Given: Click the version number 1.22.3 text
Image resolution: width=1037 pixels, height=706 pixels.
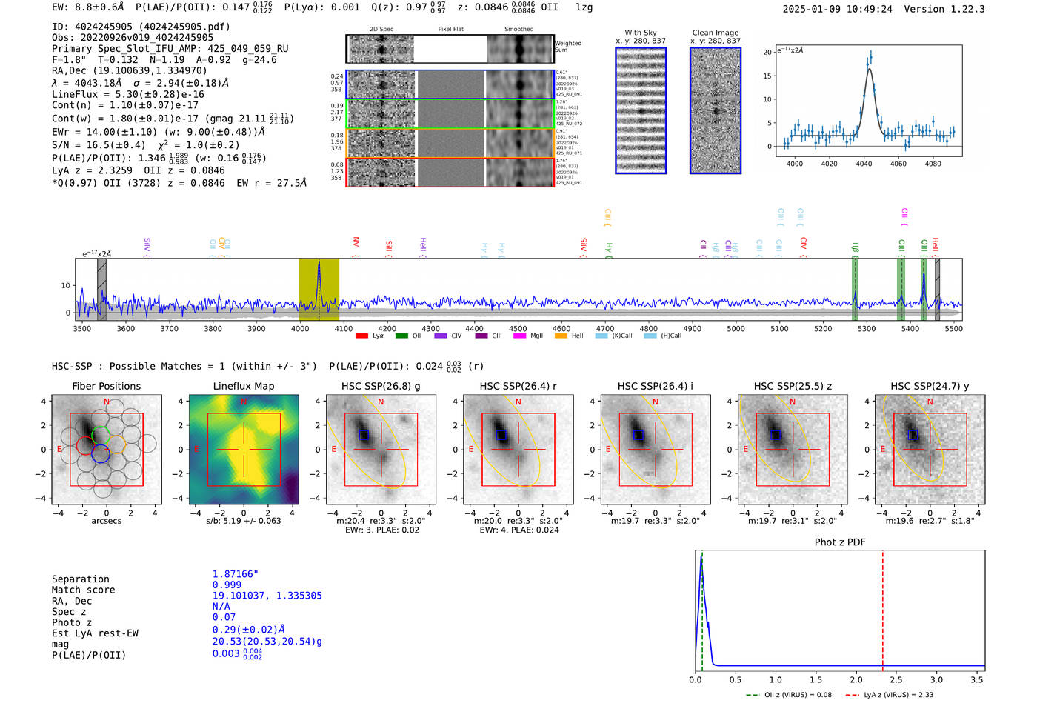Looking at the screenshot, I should tap(964, 9).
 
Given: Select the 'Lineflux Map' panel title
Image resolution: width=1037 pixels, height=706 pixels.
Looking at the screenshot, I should tap(243, 386).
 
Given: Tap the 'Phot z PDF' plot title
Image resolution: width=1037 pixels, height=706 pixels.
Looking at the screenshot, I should tap(840, 542).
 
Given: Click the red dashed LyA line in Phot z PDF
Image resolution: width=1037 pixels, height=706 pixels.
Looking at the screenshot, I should tap(882, 607).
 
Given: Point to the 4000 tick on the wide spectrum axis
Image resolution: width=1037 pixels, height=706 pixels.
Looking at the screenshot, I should tap(300, 328).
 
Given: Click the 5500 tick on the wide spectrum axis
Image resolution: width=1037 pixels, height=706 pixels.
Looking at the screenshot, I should tap(953, 328).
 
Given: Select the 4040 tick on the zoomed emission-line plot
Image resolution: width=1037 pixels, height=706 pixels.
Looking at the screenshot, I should tap(864, 164).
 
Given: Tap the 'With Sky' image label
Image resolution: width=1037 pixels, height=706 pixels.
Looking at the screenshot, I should tap(640, 33).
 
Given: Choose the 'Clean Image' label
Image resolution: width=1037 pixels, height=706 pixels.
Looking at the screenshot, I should tap(715, 33).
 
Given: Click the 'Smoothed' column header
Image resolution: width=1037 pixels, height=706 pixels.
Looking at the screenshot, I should tap(518, 29).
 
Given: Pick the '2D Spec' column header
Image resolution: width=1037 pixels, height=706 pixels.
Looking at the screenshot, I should tap(381, 29).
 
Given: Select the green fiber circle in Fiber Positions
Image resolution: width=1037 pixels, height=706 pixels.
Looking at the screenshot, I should tap(101, 433).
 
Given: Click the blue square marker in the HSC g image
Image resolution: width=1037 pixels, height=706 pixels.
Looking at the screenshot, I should tap(363, 435).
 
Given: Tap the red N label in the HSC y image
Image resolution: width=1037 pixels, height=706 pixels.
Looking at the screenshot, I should tap(930, 402).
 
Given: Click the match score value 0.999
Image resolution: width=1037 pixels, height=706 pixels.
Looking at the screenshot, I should tap(227, 585).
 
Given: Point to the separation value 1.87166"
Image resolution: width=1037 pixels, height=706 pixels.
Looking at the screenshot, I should tap(235, 574).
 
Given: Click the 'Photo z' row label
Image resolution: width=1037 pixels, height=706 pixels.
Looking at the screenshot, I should tap(72, 622).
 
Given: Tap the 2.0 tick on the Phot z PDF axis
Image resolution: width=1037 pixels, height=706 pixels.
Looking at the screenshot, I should tap(856, 679).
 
